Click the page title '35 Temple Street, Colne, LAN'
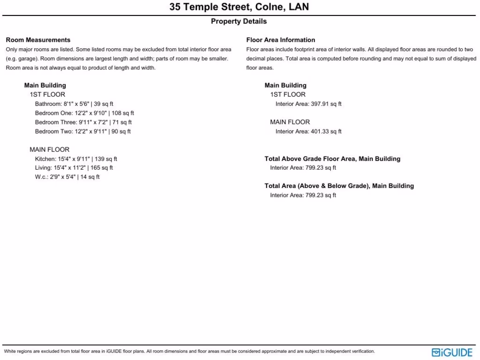click(239, 7)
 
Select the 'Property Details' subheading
click(239, 21)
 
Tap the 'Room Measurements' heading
click(38, 40)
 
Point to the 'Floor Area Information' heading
click(281, 40)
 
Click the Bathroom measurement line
click(74, 104)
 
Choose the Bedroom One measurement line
click(84, 113)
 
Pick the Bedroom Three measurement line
click(83, 122)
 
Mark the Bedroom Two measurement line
click(83, 131)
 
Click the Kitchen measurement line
click(76, 159)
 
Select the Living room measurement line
click(74, 168)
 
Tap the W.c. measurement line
click(67, 177)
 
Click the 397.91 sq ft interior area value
click(326, 104)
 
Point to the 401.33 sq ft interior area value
click(326, 131)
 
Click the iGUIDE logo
click(452, 352)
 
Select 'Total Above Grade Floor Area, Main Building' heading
click(332, 159)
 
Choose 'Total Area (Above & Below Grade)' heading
click(339, 186)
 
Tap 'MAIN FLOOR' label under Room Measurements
click(49, 150)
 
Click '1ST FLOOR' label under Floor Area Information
click(288, 95)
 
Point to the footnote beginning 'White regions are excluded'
click(189, 351)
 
